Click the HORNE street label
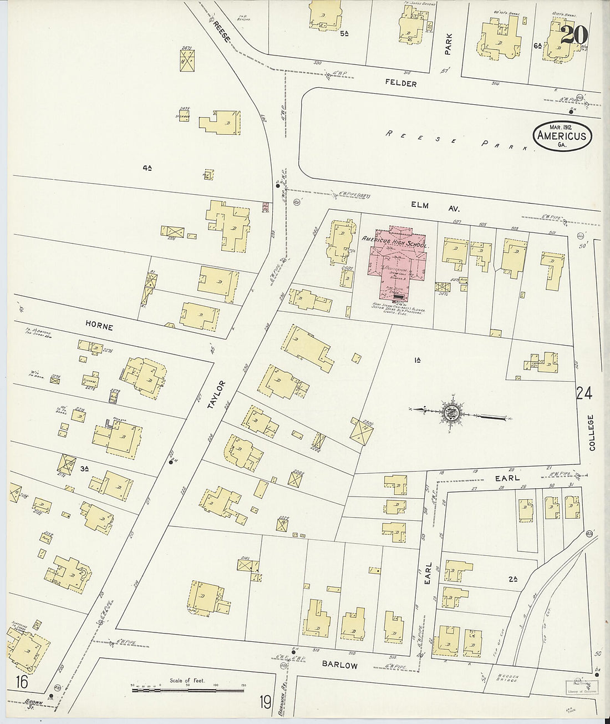pyautogui.click(x=100, y=327)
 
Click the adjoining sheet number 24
pyautogui.click(x=583, y=393)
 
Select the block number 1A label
pyautogui.click(x=417, y=361)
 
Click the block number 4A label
pyautogui.click(x=147, y=166)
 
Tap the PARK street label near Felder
pyautogui.click(x=449, y=44)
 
